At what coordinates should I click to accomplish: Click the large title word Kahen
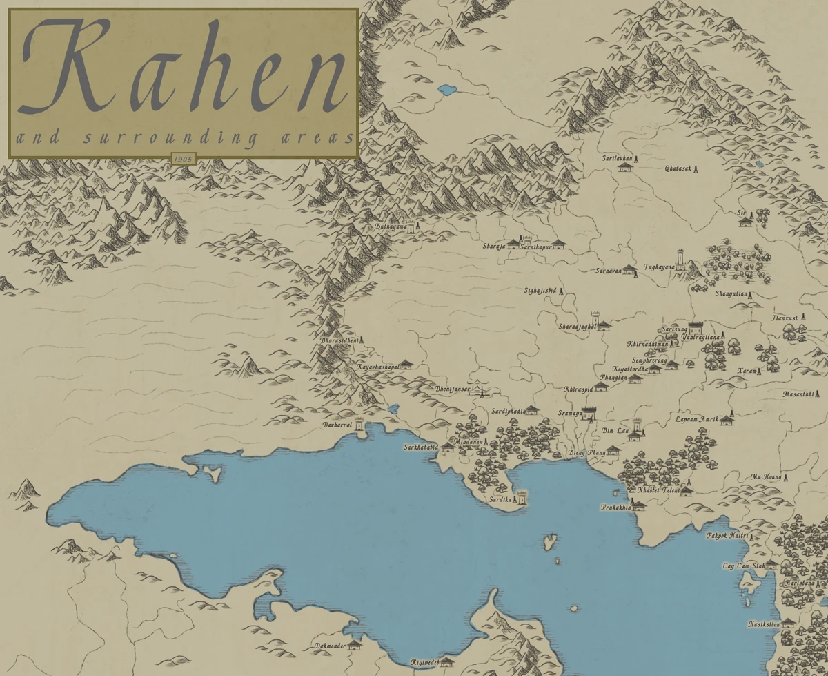(184, 68)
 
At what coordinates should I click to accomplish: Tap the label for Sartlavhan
(617, 158)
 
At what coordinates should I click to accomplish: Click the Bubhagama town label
(387, 226)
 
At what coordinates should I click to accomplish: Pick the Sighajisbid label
(540, 291)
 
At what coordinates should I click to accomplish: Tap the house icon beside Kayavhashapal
(406, 364)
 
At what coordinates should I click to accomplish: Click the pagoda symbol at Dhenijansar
(479, 389)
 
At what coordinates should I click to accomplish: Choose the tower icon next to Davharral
(359, 424)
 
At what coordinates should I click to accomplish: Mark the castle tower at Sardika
(522, 497)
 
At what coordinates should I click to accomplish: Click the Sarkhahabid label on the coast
(421, 447)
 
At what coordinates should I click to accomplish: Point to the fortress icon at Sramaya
(589, 413)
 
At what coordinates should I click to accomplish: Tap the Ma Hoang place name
(767, 476)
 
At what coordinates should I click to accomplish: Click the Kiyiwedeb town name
(424, 661)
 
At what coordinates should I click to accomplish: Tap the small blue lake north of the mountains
(446, 90)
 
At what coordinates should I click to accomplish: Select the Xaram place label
(746, 371)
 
